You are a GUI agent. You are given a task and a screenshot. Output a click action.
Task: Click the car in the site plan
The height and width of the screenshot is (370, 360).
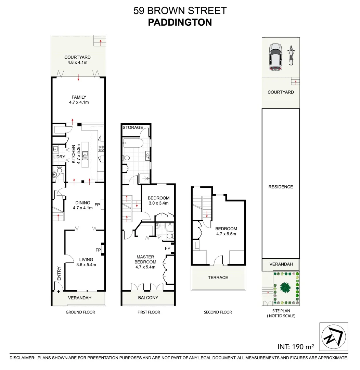click(x=275, y=57)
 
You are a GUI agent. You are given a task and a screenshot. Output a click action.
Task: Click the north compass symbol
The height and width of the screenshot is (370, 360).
click(x=333, y=337)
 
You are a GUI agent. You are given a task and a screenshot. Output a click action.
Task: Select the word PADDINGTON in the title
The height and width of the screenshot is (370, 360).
click(x=180, y=22)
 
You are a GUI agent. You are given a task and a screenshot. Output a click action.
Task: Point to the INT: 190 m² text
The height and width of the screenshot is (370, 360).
click(x=296, y=346)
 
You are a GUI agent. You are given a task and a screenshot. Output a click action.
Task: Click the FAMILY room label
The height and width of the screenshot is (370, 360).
click(x=79, y=97)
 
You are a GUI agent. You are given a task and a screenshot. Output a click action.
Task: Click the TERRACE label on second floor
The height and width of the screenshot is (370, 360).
click(x=218, y=277)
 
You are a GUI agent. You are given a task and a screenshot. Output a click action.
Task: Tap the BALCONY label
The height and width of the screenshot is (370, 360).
click(x=148, y=297)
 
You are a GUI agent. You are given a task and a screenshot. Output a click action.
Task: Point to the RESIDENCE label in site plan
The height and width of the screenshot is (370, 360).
click(x=281, y=187)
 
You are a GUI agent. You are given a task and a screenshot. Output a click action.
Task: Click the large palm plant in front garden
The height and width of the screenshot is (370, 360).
click(x=285, y=286)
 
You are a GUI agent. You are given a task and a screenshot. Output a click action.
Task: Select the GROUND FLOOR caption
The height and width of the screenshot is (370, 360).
click(x=80, y=312)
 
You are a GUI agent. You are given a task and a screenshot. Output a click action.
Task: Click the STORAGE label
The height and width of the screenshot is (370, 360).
click(x=133, y=127)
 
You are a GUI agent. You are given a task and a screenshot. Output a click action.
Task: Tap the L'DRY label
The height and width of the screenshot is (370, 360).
click(x=59, y=157)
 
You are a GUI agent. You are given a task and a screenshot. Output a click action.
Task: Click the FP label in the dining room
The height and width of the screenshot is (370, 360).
click(x=97, y=205)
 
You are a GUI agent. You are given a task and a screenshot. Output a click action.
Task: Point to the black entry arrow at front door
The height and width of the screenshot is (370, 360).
click(x=59, y=292)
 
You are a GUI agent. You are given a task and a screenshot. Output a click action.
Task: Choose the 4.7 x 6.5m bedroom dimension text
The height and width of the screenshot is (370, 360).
click(x=226, y=234)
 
